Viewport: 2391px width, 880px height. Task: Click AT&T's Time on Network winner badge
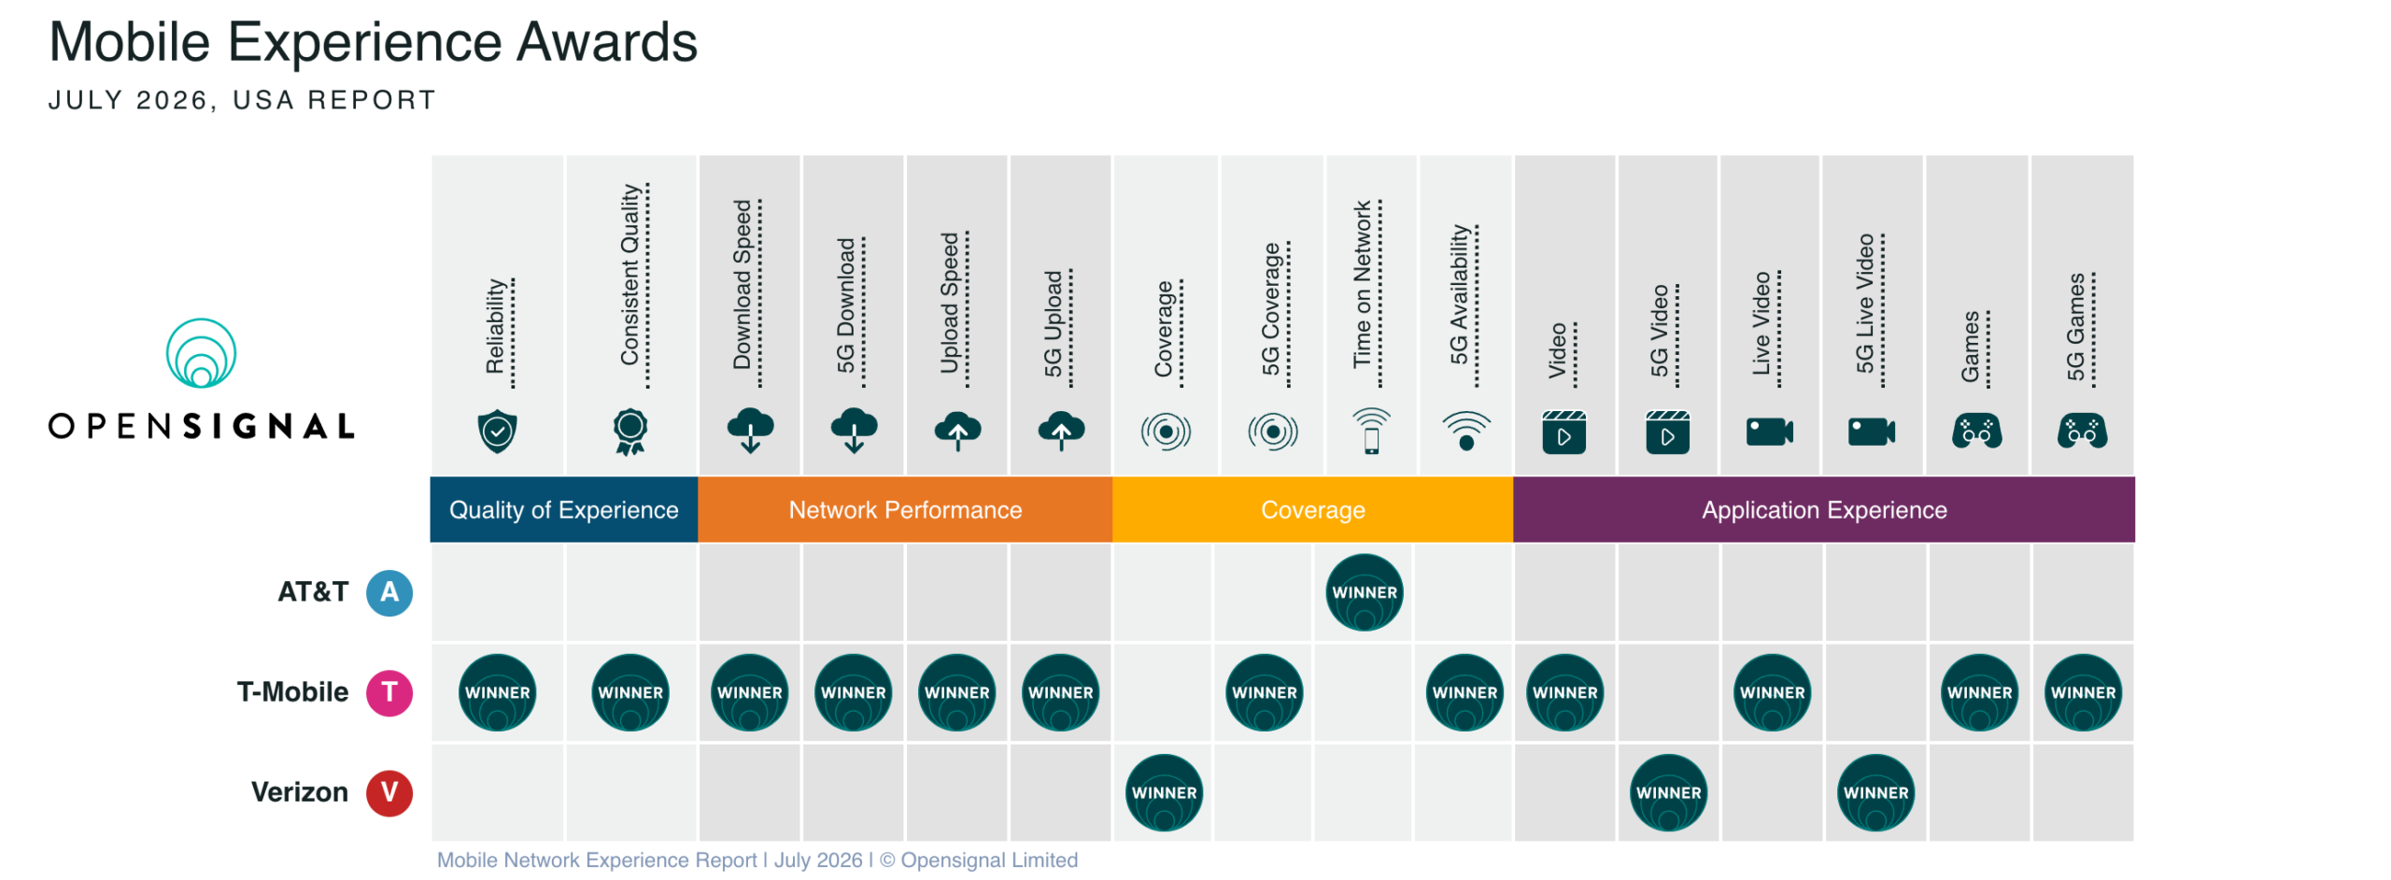pyautogui.click(x=1363, y=592)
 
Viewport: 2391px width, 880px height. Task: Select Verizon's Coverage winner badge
pyautogui.click(x=1163, y=792)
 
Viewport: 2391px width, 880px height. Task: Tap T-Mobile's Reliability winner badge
pyautogui.click(x=497, y=692)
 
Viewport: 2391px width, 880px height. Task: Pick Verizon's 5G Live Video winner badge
pyautogui.click(x=1875, y=792)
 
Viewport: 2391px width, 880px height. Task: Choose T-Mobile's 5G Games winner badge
pyautogui.click(x=2082, y=692)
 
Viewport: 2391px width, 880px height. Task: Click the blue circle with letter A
pyautogui.click(x=389, y=592)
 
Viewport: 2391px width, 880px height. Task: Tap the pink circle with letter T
pyautogui.click(x=389, y=692)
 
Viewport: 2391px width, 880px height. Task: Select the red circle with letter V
pyautogui.click(x=389, y=792)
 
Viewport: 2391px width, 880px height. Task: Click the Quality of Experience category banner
pyautogui.click(x=563, y=509)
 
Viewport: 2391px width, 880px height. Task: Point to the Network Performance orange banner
pyautogui.click(x=904, y=509)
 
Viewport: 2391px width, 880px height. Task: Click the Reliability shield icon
pyautogui.click(x=497, y=431)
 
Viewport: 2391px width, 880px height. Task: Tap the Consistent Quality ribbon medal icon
pyautogui.click(x=630, y=432)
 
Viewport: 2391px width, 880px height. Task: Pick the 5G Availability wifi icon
pyautogui.click(x=1465, y=431)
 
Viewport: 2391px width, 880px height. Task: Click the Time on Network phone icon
pyautogui.click(x=1370, y=431)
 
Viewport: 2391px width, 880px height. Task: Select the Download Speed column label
pyautogui.click(x=742, y=284)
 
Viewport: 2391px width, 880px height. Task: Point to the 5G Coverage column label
pyautogui.click(x=1270, y=308)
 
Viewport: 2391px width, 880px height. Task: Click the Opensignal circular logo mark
pyautogui.click(x=201, y=353)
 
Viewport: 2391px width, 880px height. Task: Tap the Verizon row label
pyautogui.click(x=299, y=792)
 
